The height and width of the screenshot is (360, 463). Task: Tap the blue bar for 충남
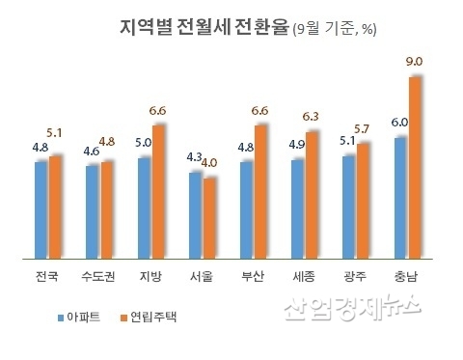coord(400,198)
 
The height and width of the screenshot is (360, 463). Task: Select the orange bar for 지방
coord(159,191)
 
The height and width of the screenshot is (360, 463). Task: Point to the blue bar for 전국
coord(41,209)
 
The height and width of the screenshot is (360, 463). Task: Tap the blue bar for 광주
coord(349,207)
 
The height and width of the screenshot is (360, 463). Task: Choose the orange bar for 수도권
coord(107,209)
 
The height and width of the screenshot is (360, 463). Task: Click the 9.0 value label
coord(415,62)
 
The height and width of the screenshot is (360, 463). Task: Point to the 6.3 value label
coord(311,119)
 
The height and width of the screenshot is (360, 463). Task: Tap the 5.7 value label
coord(363,128)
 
